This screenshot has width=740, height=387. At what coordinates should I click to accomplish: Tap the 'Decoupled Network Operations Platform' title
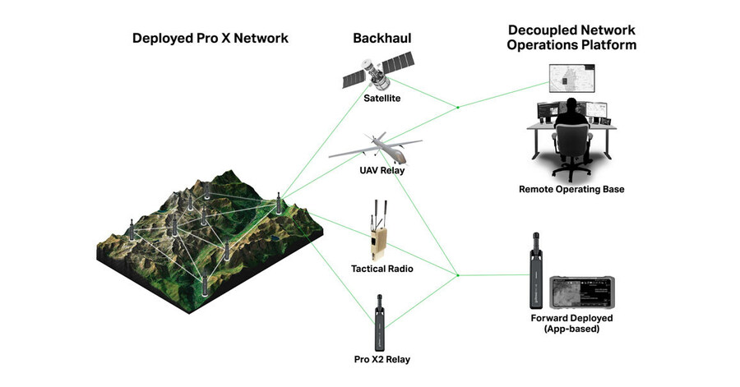(x=571, y=38)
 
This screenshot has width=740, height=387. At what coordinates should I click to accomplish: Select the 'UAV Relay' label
(x=381, y=170)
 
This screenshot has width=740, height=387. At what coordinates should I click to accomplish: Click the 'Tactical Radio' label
(x=381, y=269)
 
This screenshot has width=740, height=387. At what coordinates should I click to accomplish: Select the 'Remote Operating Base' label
(x=571, y=189)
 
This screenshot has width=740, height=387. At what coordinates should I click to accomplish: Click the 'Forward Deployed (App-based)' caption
(x=572, y=323)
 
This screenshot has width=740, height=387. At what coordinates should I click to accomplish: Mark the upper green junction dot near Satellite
(x=458, y=106)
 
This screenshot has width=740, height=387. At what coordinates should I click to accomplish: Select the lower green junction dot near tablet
(x=458, y=274)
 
